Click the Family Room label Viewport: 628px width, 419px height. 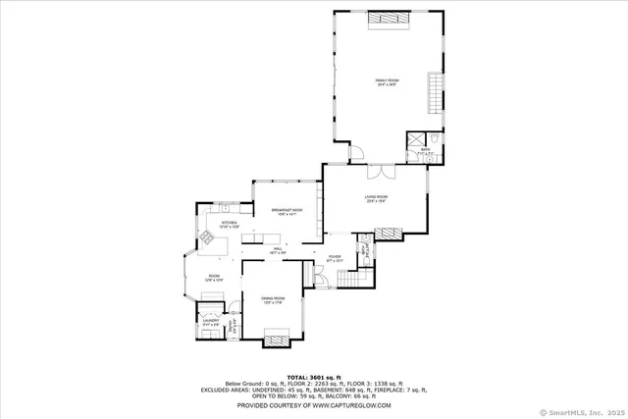(386, 82)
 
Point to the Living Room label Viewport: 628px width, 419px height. (377, 199)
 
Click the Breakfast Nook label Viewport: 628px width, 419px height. (287, 211)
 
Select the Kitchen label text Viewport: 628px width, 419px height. (229, 225)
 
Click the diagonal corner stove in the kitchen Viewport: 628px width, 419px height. (208, 236)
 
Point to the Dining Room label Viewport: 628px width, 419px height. (273, 299)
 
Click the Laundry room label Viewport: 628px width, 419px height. (210, 321)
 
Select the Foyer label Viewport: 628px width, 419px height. (335, 259)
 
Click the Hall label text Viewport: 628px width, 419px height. (278, 251)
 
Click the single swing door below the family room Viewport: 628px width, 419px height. (358, 152)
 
